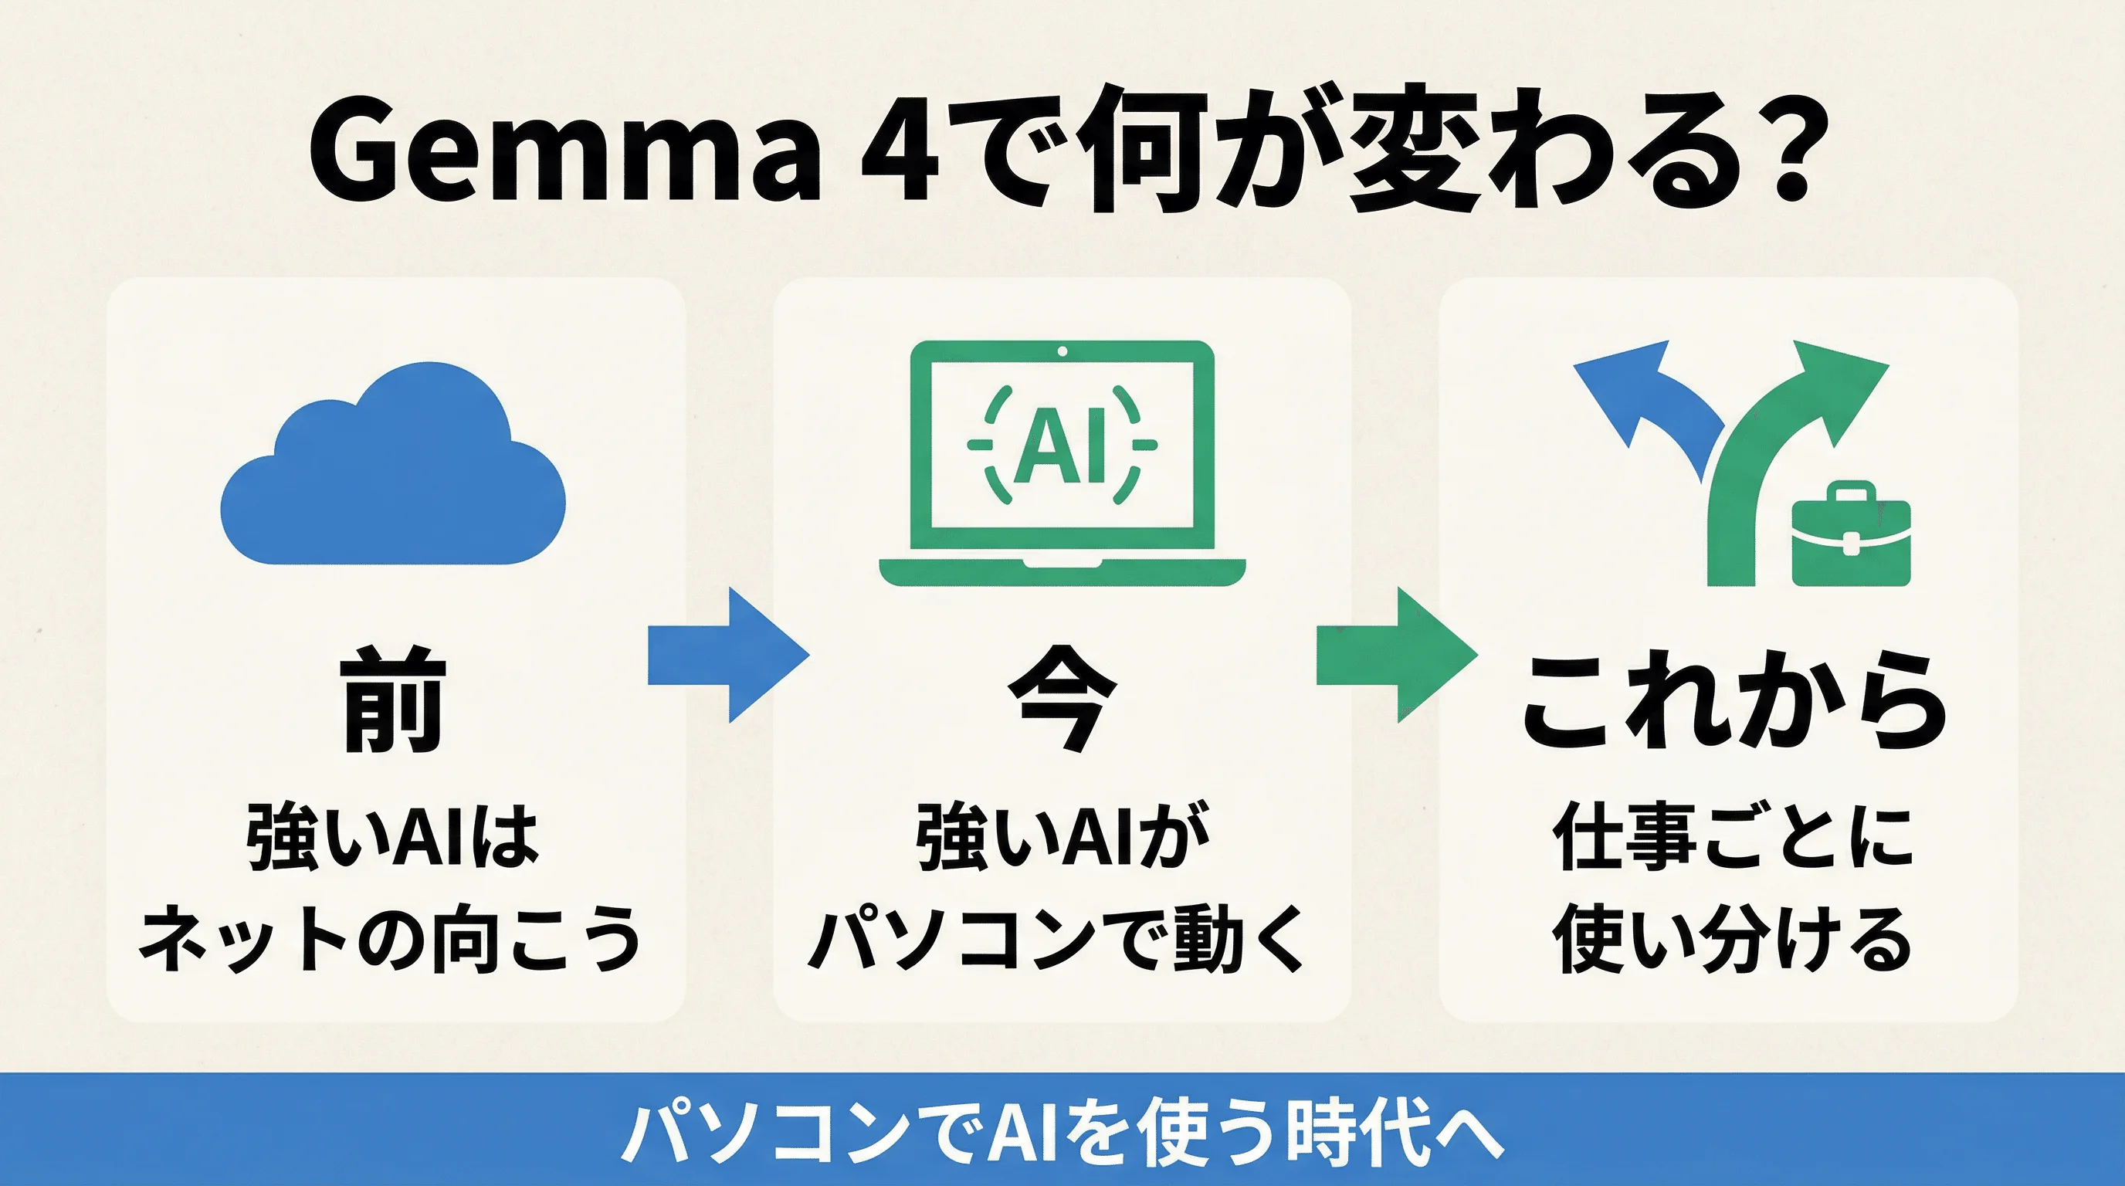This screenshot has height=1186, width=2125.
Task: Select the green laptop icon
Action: (1062, 462)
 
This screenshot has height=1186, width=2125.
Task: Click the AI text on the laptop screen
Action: (1061, 446)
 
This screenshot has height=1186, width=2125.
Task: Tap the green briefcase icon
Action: (1851, 536)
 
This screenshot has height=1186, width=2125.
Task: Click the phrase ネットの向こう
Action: (389, 939)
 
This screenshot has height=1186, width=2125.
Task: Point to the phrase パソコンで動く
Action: (1058, 939)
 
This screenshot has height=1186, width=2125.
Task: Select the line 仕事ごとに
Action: (1732, 837)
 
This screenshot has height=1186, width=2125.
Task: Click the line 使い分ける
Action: (1732, 939)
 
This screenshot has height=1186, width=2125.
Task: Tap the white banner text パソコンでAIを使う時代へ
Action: (1062, 1132)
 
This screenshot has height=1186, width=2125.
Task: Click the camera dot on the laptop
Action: (1062, 351)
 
